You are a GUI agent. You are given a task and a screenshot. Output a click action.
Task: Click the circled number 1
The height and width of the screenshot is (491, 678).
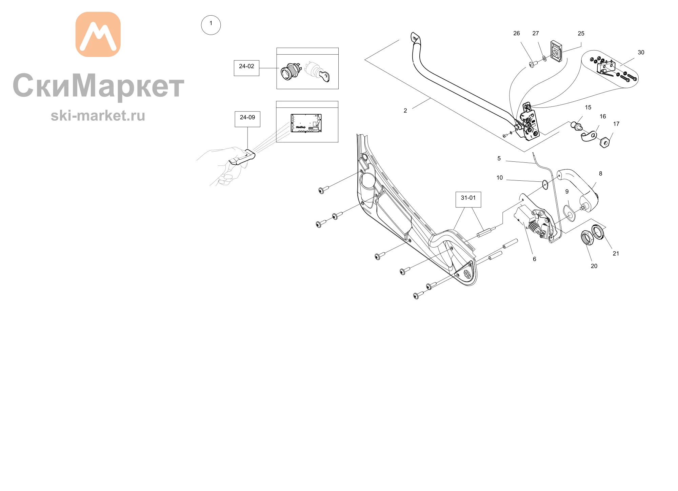tap(211, 25)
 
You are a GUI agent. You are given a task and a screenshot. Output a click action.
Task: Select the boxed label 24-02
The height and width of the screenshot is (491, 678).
tap(246, 68)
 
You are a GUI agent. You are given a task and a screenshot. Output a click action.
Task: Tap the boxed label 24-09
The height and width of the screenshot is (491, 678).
tap(247, 119)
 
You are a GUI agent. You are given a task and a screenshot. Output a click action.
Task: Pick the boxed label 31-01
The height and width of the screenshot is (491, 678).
tap(468, 199)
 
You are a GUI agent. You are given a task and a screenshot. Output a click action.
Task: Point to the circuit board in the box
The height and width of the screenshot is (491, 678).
tap(306, 123)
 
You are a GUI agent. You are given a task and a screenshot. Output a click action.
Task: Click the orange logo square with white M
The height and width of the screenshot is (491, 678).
tap(98, 34)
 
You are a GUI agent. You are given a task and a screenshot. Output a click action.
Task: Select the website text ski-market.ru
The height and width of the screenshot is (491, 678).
tap(98, 116)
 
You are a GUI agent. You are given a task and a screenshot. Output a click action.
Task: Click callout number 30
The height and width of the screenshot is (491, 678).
tap(641, 53)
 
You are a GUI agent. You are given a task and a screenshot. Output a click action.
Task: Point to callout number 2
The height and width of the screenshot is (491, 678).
tap(405, 111)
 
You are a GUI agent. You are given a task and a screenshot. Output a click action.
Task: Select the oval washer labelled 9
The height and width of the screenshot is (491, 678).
tap(569, 212)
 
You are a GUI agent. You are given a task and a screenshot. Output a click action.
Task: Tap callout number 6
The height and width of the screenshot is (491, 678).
tap(535, 259)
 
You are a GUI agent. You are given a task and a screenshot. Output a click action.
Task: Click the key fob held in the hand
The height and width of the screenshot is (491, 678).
tap(242, 158)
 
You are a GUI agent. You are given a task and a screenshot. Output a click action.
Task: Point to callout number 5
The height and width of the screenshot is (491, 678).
tap(499, 158)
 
